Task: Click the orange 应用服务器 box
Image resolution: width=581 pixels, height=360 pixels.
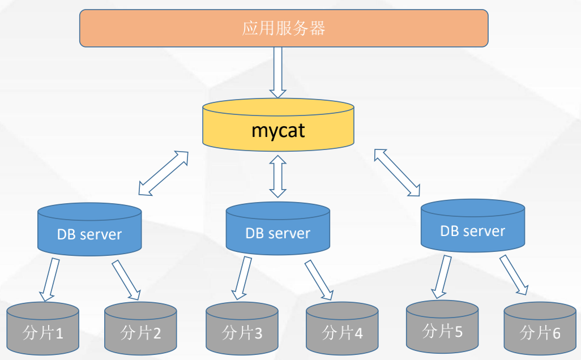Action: point(284,28)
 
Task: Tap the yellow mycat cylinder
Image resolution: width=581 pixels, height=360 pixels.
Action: point(278,125)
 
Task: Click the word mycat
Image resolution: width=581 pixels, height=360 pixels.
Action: point(278,131)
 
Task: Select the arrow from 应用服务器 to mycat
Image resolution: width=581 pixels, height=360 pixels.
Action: point(277,72)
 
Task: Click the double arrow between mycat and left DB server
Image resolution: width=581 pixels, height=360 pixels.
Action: point(164,173)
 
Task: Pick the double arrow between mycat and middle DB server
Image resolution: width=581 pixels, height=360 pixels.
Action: point(278,176)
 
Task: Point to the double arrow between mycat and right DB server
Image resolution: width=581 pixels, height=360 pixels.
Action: point(397,172)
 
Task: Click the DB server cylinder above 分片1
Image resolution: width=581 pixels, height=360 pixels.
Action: point(89,229)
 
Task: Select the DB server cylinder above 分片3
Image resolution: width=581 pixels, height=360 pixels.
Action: point(278,228)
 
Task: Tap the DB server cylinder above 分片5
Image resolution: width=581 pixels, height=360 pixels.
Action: point(473,226)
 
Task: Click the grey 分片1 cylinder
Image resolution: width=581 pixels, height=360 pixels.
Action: point(43,328)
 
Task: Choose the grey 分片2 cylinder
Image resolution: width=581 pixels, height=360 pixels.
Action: point(141,328)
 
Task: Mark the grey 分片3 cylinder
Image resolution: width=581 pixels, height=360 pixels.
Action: point(242,328)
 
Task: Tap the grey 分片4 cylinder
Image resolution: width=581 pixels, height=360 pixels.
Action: point(343,328)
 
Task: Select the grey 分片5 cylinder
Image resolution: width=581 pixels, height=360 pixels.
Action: point(442,327)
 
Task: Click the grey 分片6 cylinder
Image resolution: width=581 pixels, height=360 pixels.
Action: point(540,328)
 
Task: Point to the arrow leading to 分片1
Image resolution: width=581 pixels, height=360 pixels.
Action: point(50,280)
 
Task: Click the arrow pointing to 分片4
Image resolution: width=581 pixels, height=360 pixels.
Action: point(319,280)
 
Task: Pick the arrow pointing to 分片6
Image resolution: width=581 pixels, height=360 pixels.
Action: point(514,275)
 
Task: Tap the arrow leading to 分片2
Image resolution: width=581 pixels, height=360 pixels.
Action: point(126,280)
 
